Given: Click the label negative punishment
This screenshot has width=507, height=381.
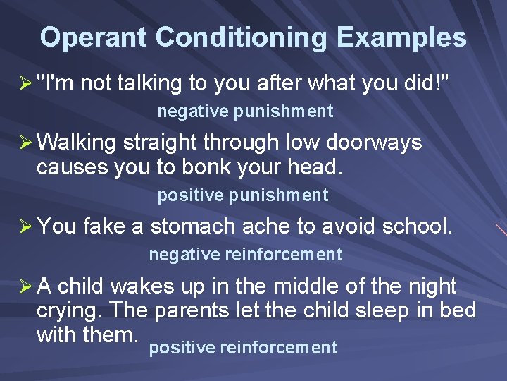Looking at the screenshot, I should click(245, 111).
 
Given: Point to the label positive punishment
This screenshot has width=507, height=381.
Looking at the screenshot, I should click(243, 195).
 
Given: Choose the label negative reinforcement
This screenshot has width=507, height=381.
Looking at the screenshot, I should click(245, 255).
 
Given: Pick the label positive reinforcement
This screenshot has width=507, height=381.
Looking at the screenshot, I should click(243, 348).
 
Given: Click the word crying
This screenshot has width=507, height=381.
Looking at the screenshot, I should click(68, 310).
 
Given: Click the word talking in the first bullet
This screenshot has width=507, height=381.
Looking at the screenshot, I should click(151, 83).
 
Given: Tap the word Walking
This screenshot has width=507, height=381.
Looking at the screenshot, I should click(76, 143).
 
